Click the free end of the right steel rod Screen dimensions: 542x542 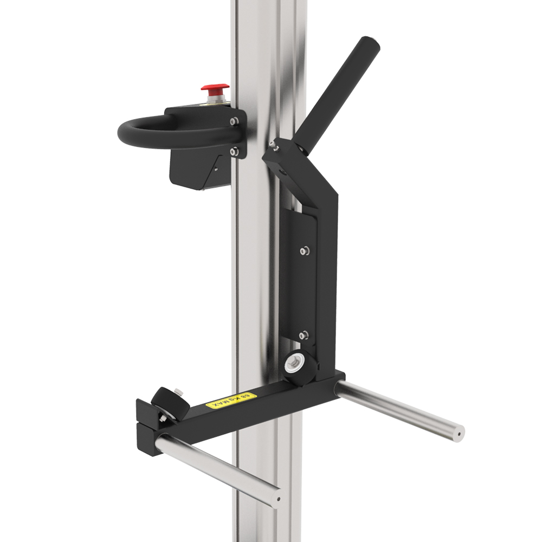click(459, 434)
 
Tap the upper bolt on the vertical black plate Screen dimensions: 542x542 click(304, 250)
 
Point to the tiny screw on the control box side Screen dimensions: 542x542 click(215, 169)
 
